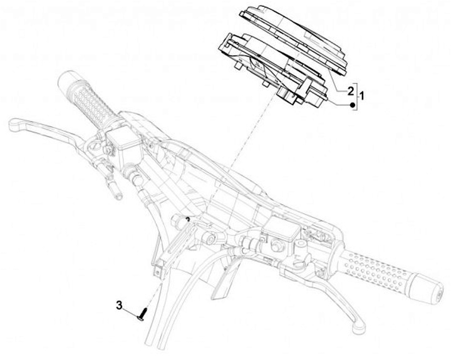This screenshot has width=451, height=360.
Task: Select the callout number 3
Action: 119,305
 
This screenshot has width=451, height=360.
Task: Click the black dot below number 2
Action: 352,105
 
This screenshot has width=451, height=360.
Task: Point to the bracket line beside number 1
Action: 357,94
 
